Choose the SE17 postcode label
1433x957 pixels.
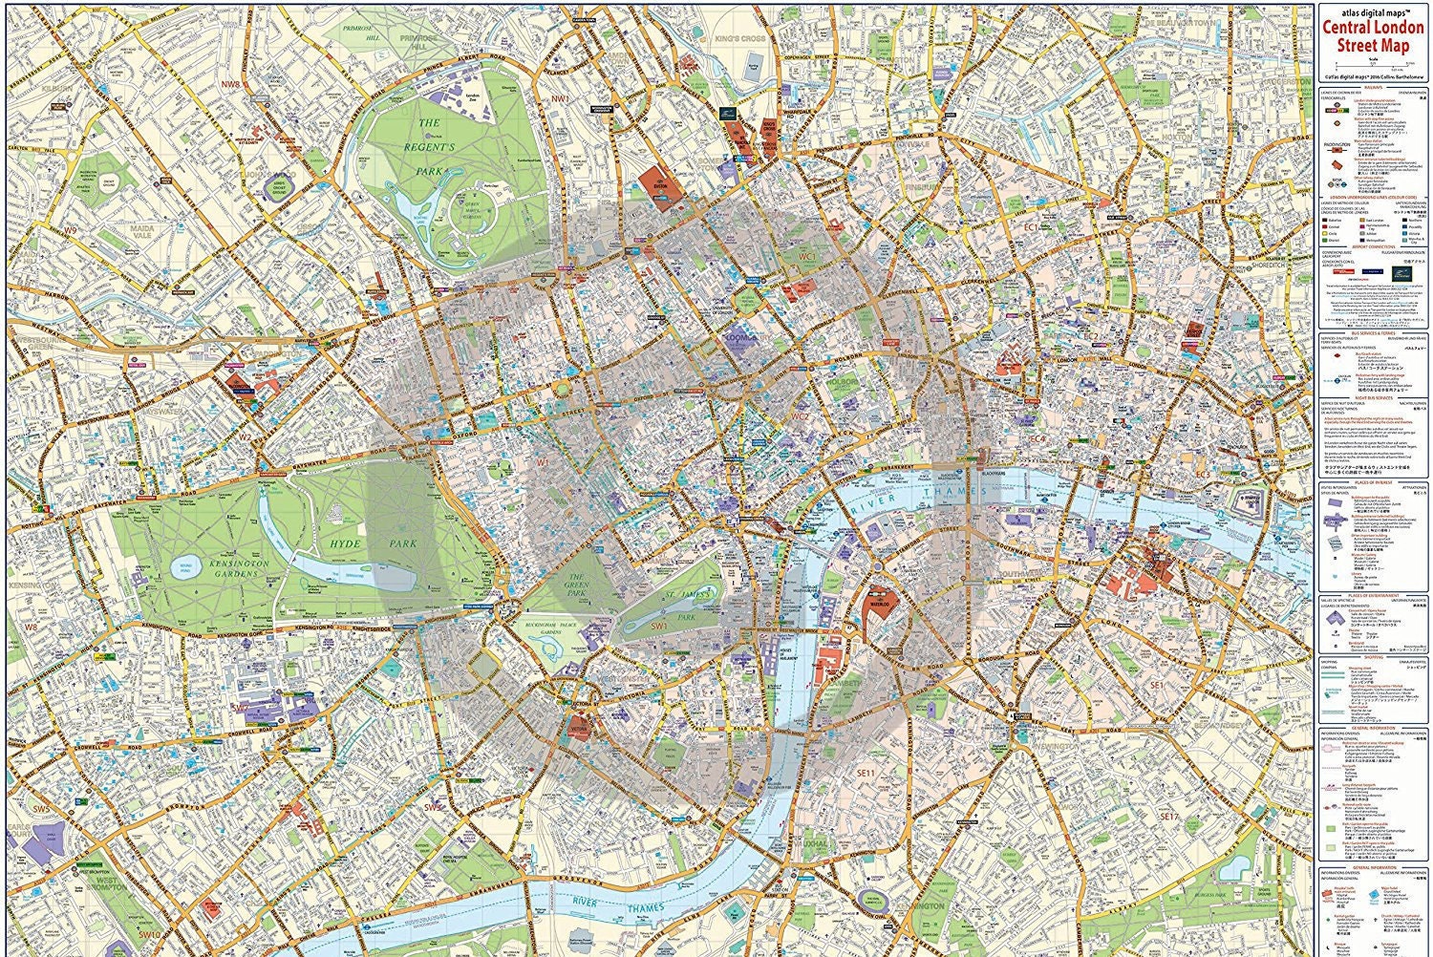click(x=1170, y=817)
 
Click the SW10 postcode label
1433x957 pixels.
click(x=148, y=934)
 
